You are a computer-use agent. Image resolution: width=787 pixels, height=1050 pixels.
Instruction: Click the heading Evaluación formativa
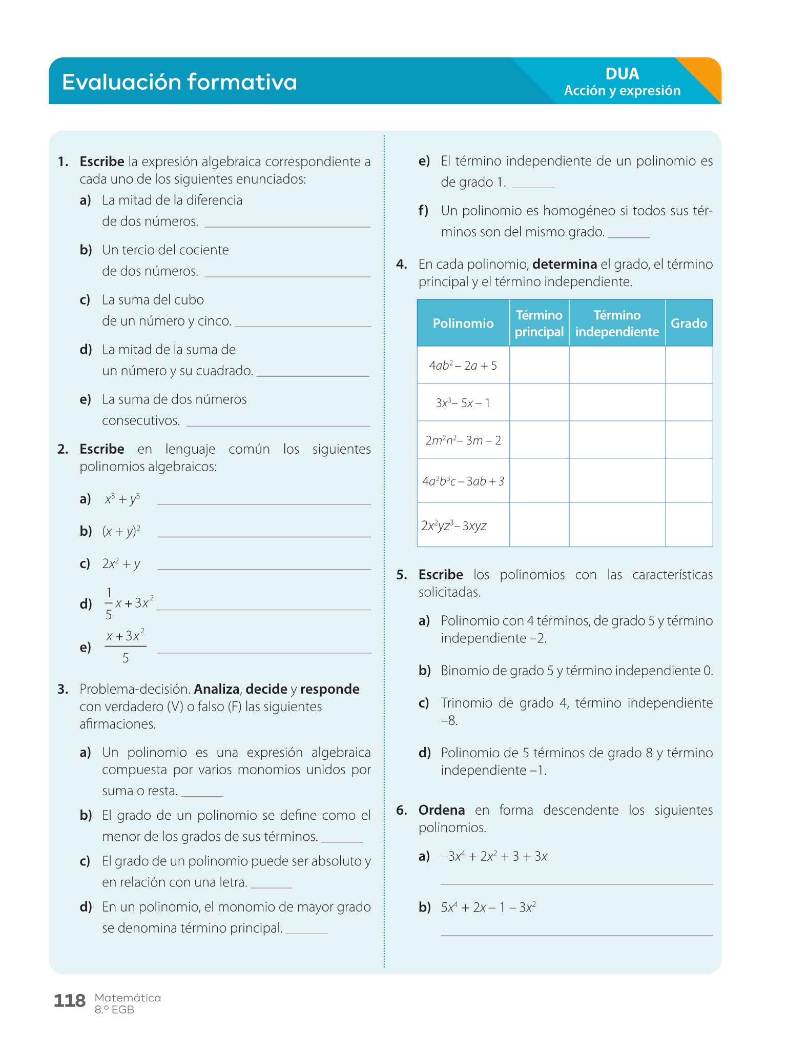179,82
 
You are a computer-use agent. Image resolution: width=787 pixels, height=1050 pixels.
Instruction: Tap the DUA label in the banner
622,74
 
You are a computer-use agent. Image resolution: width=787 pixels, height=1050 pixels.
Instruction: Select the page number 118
70,1001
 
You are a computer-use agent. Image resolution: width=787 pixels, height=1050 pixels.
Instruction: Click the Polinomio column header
463,323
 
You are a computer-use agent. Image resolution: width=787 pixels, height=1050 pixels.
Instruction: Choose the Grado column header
689,323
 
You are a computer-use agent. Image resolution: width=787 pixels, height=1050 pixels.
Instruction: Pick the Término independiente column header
617,323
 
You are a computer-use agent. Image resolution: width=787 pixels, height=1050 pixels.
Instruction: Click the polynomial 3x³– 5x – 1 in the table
463,403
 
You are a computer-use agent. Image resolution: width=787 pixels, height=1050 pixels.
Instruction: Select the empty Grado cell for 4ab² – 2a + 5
689,365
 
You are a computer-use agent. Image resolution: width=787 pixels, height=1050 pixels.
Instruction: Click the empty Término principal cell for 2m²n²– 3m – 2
539,440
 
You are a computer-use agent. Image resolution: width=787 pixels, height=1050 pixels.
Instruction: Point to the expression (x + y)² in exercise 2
121,531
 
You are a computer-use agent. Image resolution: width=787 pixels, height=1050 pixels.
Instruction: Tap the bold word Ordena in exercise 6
442,810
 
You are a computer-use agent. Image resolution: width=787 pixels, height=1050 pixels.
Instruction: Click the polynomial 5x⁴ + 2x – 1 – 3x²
488,907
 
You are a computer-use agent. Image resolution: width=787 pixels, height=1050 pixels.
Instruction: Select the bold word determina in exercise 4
565,265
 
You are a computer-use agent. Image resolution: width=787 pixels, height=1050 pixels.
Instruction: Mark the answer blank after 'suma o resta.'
202,795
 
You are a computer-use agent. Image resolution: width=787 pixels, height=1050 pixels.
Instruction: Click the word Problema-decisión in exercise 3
135,689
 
